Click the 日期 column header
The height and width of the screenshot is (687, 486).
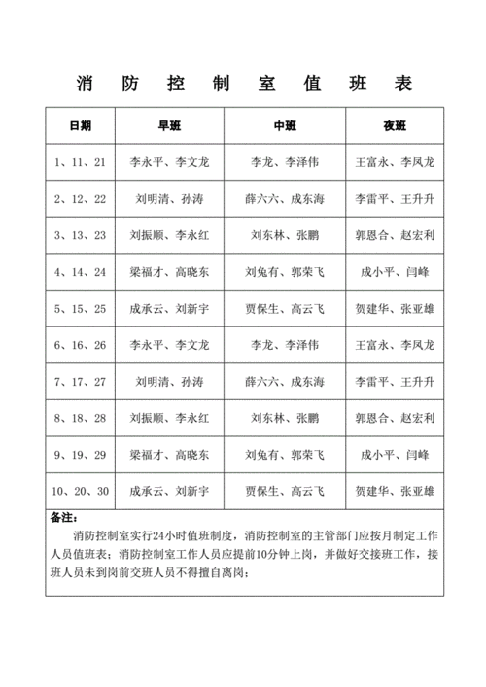click(81, 126)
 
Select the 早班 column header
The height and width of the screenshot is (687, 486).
click(169, 126)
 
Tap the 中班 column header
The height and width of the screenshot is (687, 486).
click(285, 126)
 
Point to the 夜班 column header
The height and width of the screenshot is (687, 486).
click(395, 126)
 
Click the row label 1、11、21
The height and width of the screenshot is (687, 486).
click(81, 162)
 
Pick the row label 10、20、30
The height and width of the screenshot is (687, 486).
click(81, 491)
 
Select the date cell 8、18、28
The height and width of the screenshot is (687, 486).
click(81, 418)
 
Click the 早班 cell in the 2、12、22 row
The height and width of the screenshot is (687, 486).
click(169, 198)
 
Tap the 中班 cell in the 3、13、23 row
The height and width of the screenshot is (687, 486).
click(285, 235)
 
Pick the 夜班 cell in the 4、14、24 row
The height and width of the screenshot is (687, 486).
click(395, 271)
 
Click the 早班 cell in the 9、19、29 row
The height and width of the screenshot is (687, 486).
click(169, 454)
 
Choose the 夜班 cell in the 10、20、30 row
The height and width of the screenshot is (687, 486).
click(395, 491)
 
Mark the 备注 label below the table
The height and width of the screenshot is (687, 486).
click(62, 518)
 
